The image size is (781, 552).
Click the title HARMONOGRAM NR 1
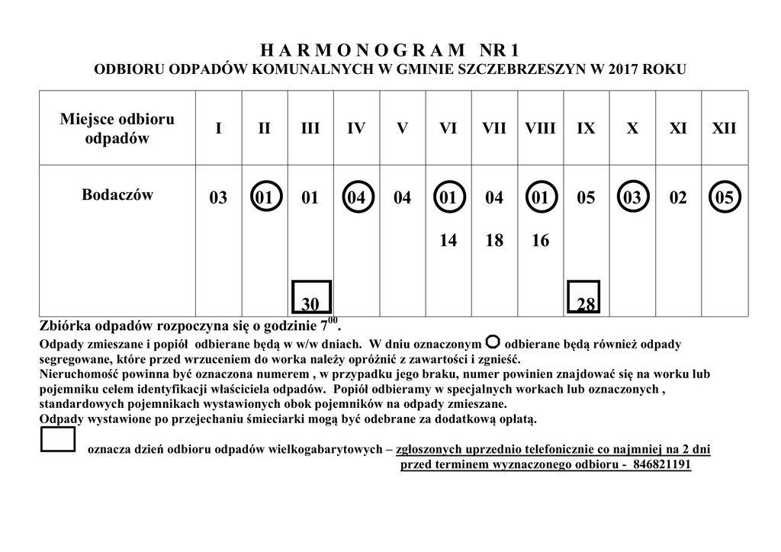pos(390,51)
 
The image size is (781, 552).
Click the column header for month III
pos(310,128)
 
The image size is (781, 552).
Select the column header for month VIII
pos(540,128)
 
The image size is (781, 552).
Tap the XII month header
pos(724,128)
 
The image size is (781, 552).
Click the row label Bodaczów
pos(117,194)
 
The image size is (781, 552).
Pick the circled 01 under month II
pos(265,198)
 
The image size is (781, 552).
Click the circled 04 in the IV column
pos(356,198)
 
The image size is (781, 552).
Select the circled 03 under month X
pos(632,198)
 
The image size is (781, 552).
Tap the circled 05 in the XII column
pos(724,198)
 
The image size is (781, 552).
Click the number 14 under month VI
pos(448,241)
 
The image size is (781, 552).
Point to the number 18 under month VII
pos(494,241)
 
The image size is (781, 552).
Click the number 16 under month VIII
pos(540,241)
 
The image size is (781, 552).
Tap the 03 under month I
pos(218,198)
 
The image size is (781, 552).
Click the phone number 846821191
pos(662,464)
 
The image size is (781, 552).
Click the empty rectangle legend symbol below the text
pos(58,440)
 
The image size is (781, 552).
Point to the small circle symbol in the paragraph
pos(493,341)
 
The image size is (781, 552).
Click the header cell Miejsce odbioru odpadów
pos(117,128)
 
